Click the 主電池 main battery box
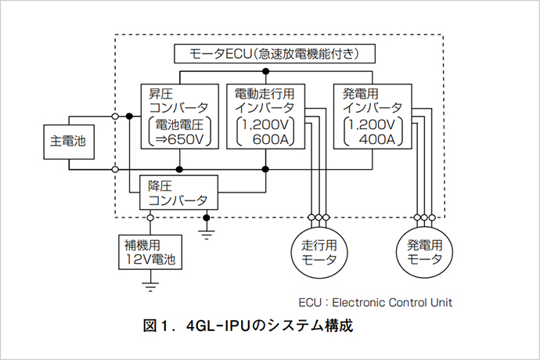point(67,142)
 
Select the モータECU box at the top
point(274,55)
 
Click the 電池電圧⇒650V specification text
point(178,132)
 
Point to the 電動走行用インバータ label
point(265,100)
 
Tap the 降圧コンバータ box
point(178,192)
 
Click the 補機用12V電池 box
point(150,251)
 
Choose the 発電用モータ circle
point(425,252)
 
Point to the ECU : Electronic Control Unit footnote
point(375,301)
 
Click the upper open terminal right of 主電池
point(116,117)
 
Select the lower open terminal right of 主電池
point(116,168)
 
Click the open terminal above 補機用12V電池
point(150,218)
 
